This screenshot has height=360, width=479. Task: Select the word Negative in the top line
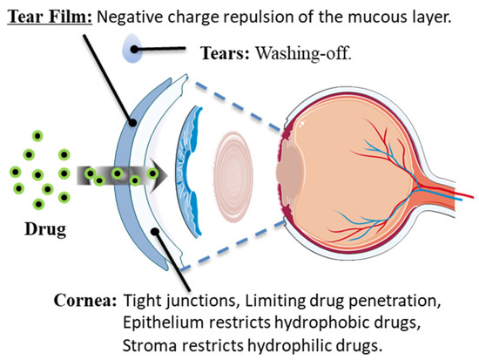(138, 16)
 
